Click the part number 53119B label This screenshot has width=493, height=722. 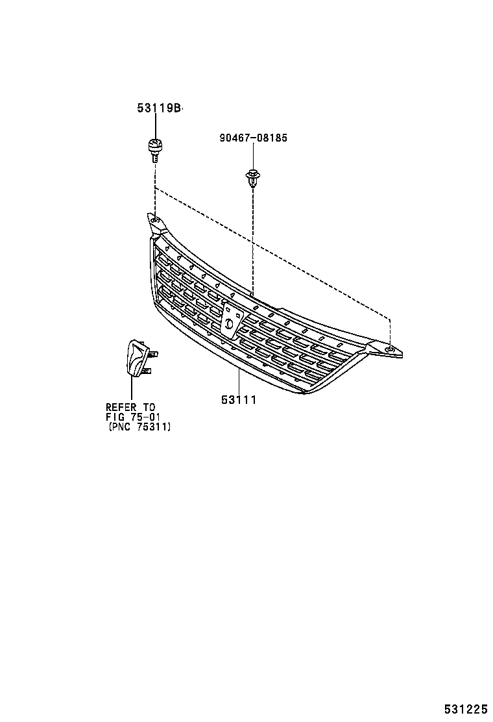tap(158, 109)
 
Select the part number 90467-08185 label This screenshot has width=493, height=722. tap(252, 138)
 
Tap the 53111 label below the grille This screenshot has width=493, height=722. tap(239, 400)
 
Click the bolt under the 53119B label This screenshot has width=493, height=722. tap(154, 150)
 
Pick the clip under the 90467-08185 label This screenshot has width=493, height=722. tap(252, 177)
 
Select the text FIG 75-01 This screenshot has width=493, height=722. tap(132, 417)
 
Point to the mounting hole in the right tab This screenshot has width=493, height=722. tap(389, 349)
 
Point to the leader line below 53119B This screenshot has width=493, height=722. tap(154, 127)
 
